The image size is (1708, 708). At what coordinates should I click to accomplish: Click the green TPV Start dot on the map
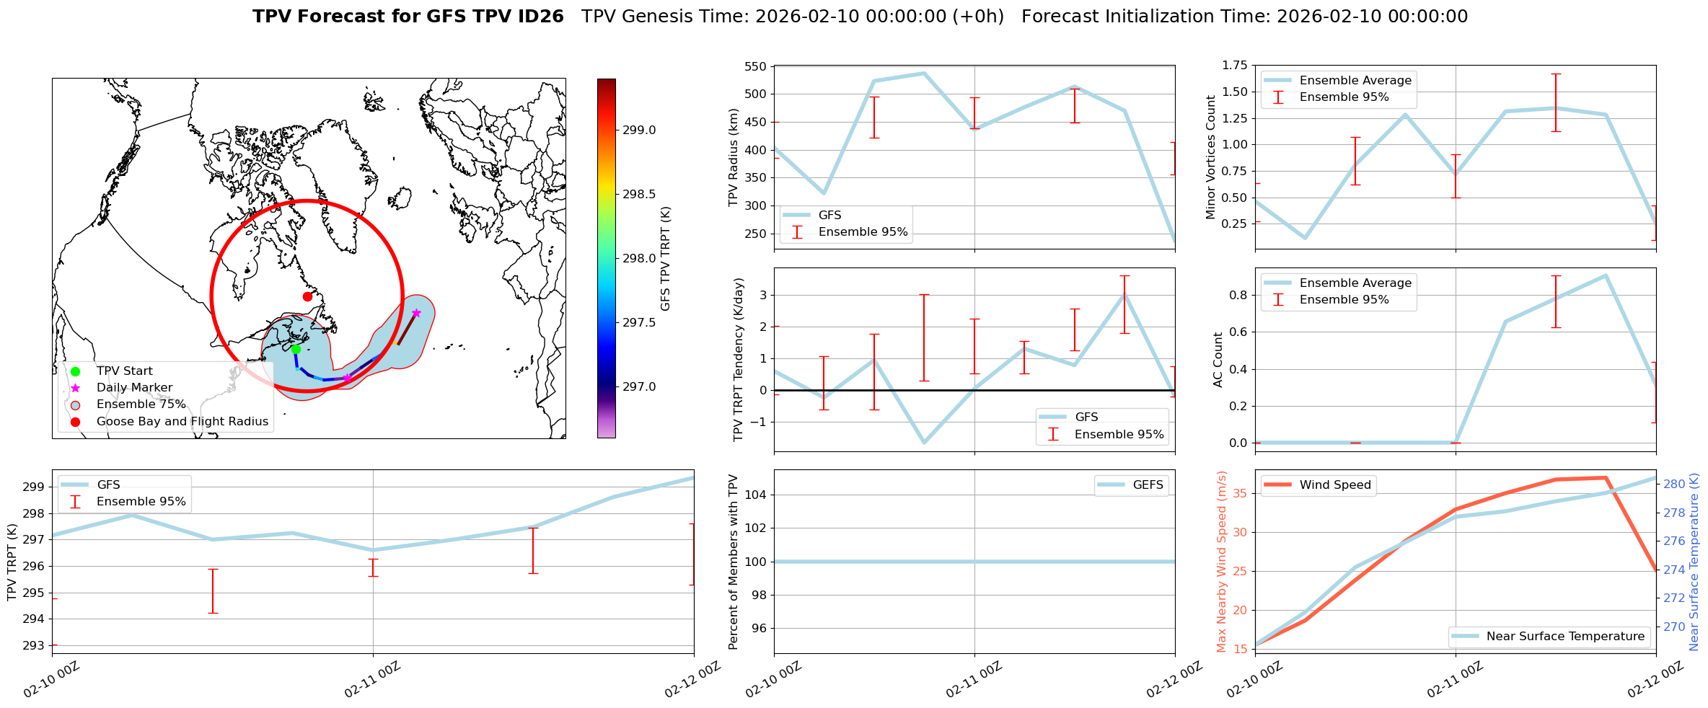click(296, 350)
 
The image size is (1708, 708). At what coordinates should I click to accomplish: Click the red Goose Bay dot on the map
click(307, 296)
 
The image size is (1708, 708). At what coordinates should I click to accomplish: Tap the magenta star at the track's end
click(416, 313)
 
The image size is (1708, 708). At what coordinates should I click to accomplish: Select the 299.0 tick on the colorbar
click(639, 130)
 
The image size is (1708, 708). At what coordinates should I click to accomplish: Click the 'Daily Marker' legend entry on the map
click(134, 388)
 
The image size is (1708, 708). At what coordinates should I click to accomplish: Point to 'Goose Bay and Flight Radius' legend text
click(182, 422)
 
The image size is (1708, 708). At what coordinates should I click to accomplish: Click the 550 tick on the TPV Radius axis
click(755, 66)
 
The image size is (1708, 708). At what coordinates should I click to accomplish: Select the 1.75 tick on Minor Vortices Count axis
click(1234, 66)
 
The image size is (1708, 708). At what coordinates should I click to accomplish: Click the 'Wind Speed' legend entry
click(1334, 485)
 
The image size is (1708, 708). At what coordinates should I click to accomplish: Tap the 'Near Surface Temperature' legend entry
click(1565, 637)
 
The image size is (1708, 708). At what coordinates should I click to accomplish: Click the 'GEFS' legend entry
click(1148, 485)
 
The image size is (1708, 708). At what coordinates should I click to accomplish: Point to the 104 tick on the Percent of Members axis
click(755, 495)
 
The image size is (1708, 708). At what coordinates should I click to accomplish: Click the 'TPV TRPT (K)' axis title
click(12, 562)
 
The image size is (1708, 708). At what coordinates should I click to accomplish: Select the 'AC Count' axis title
click(1218, 360)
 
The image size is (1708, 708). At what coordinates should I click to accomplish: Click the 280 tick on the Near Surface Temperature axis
click(1674, 484)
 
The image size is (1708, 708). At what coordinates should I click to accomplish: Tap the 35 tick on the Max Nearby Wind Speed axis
click(1241, 494)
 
